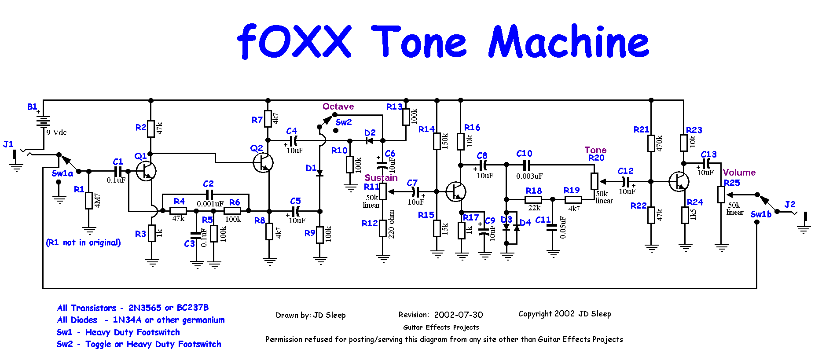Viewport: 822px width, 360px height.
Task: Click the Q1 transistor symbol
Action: [146, 171]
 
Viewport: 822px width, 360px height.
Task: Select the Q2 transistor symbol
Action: [263, 163]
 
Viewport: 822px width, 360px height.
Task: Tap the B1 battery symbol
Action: [43, 121]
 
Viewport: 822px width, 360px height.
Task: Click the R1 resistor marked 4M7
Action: [89, 200]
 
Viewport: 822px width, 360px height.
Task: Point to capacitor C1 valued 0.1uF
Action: [118, 171]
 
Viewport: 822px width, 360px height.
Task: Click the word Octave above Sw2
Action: [338, 107]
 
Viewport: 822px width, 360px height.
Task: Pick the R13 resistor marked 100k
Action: [406, 117]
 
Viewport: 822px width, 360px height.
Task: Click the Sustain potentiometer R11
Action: [383, 191]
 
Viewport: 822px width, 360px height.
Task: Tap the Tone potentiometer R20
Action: [594, 181]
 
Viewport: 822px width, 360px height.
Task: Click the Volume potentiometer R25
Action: [721, 194]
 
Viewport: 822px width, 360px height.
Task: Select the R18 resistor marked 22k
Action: [533, 199]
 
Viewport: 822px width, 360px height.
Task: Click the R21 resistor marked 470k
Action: [651, 143]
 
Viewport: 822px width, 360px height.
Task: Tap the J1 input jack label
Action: [8, 144]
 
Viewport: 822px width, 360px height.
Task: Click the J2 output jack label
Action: [790, 205]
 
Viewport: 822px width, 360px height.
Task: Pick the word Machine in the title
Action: [569, 41]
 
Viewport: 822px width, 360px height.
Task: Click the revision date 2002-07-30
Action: [458, 315]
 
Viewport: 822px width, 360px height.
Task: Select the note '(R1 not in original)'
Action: [83, 242]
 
